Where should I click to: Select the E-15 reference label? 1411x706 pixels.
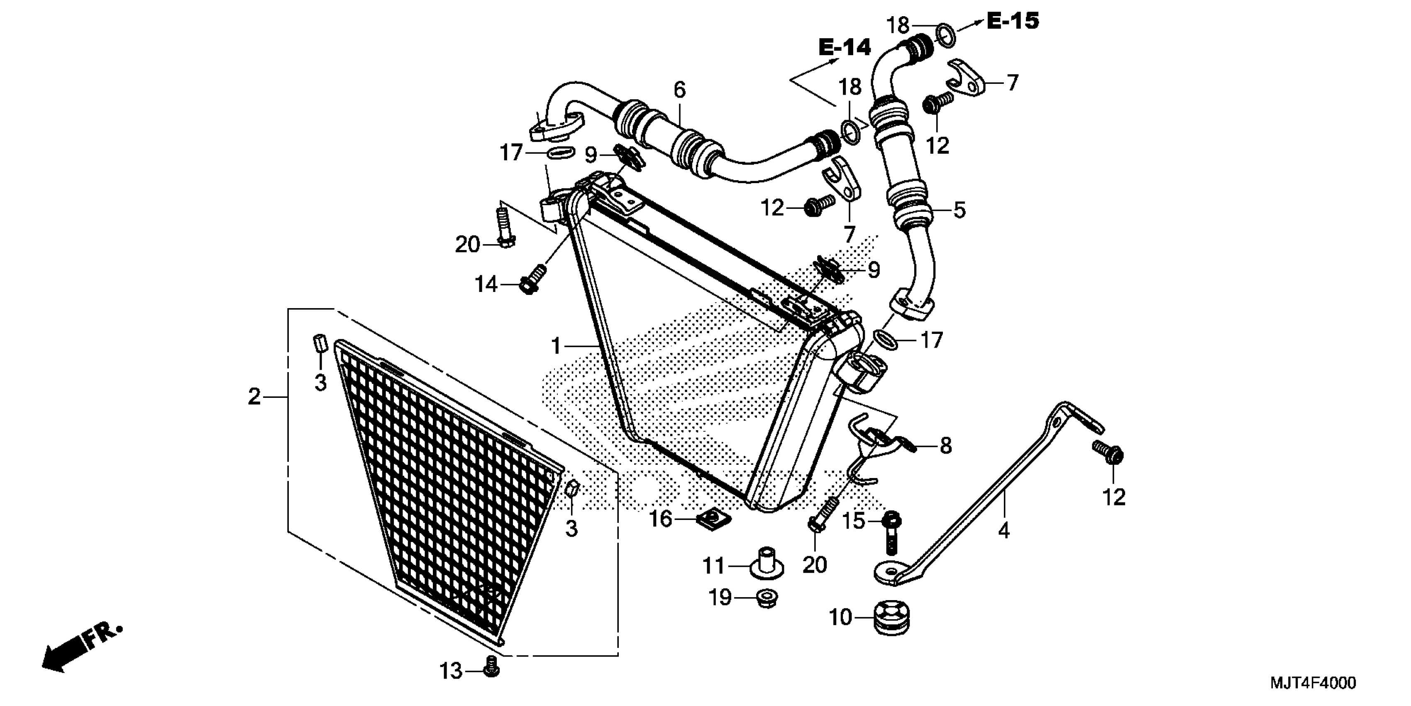1013,21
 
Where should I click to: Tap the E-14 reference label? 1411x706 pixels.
845,48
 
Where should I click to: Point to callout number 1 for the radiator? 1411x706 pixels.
556,346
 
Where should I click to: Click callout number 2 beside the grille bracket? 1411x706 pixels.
254,396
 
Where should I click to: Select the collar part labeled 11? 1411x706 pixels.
766,564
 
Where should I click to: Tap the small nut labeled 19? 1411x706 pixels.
767,598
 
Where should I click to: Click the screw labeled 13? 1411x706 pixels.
491,666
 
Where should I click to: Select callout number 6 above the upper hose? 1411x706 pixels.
680,89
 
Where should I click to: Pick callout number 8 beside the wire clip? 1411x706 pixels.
946,446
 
